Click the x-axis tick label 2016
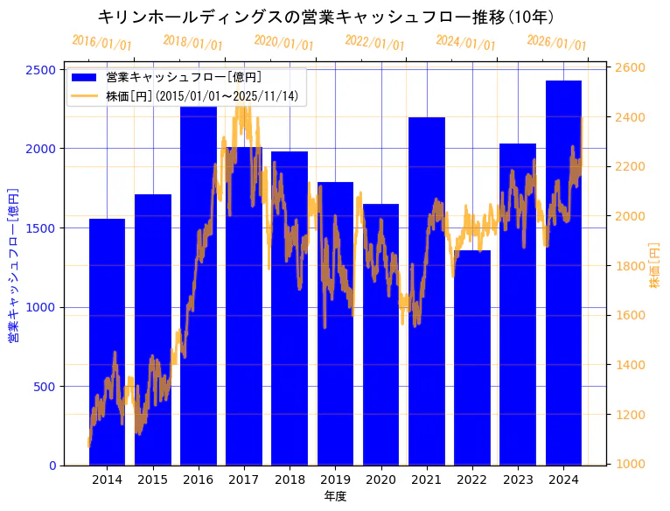click(199, 479)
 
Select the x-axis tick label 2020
click(380, 479)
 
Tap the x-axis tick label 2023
click(518, 479)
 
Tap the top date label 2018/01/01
click(193, 43)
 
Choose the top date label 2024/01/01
click(466, 43)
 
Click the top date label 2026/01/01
click(557, 43)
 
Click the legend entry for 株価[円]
click(201, 95)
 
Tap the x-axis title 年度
click(335, 496)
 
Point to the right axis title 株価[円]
click(655, 266)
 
